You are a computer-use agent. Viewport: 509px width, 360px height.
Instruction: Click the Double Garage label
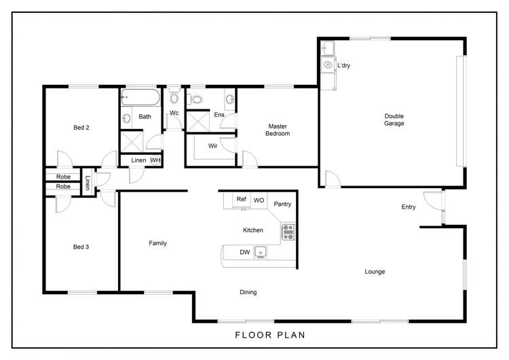point(394,120)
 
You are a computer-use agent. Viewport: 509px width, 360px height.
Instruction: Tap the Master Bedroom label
point(278,130)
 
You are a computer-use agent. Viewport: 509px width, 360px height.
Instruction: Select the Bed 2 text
point(81,127)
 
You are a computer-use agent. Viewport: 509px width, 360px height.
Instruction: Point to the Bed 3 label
point(81,247)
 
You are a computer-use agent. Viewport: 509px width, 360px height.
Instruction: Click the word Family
point(158,243)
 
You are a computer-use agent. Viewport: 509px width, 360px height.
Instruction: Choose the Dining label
point(248,292)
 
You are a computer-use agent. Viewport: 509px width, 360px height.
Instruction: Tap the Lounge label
point(375,272)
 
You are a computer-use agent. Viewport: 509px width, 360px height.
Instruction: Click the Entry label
point(408,207)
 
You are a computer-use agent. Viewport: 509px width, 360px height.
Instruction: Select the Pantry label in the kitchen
point(282,204)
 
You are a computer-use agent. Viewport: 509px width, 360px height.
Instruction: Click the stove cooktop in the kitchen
point(288,232)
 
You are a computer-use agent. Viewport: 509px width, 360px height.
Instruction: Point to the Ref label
point(241,199)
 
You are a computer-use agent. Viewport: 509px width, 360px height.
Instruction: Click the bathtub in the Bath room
point(140,98)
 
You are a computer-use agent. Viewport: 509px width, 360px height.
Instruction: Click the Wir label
point(212,145)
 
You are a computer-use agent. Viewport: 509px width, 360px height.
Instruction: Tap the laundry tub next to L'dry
point(328,66)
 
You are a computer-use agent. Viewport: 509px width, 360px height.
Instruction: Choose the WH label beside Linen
point(155,160)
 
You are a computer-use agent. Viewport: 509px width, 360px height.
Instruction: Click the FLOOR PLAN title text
point(269,334)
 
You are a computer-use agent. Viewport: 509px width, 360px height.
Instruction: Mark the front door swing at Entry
point(430,202)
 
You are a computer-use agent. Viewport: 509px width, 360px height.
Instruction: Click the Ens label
point(219,115)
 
